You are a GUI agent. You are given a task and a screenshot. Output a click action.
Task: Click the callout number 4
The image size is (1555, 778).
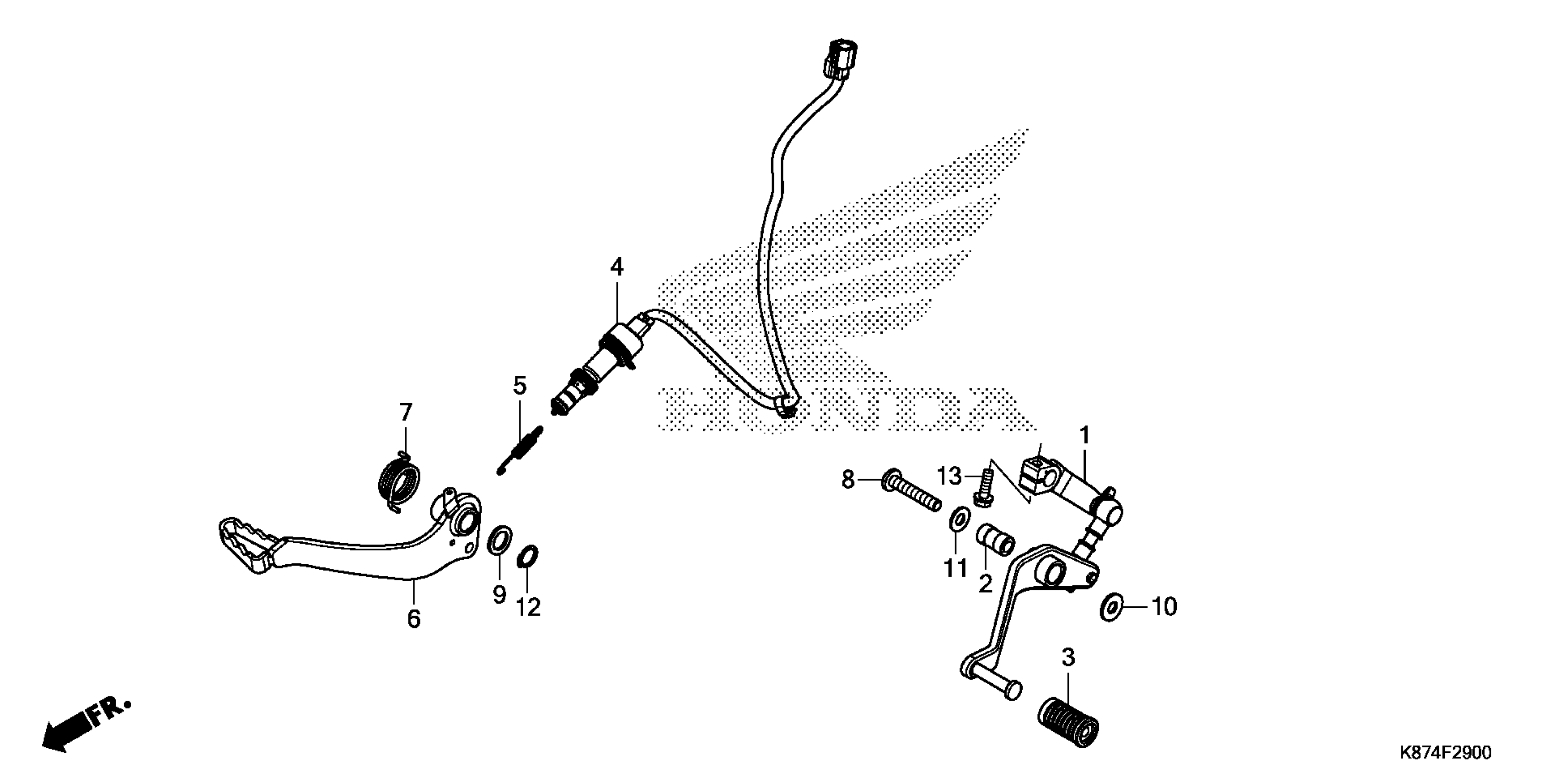(x=617, y=267)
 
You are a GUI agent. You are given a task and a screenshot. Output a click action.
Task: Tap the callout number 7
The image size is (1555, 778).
(x=406, y=412)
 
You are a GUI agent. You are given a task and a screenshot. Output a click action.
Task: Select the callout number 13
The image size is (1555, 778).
(x=949, y=476)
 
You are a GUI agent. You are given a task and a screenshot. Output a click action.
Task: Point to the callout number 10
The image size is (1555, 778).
(x=1164, y=607)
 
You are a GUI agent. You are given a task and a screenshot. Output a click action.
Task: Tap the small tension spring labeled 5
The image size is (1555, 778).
(x=520, y=450)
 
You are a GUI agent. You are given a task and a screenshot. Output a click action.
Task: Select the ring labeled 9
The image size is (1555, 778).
(x=499, y=540)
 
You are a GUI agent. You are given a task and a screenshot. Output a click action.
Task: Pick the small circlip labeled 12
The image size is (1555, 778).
(x=528, y=557)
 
